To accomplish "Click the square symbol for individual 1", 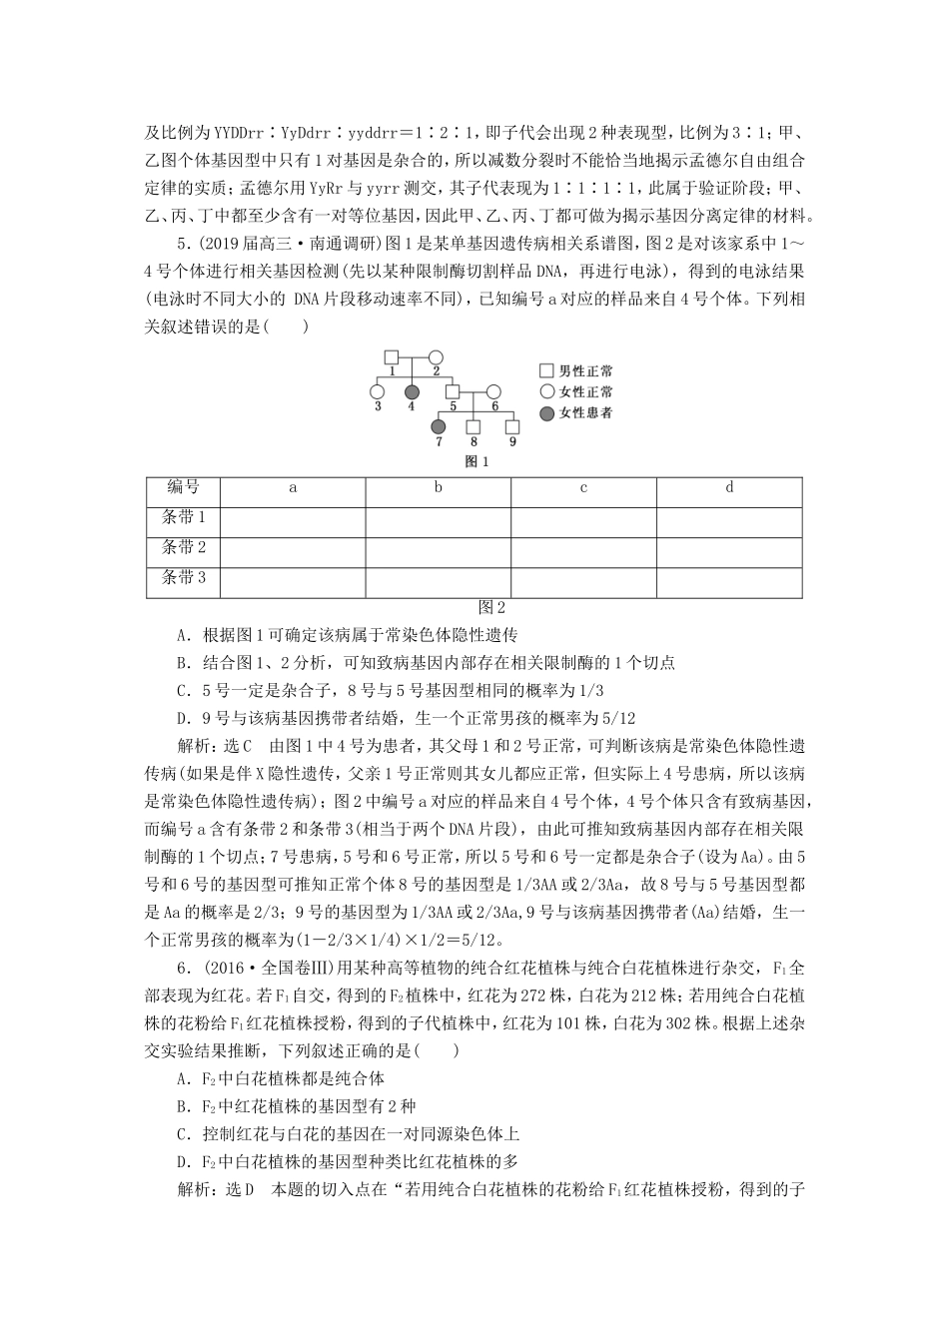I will coord(392,356).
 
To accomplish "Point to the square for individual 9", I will coord(512,426).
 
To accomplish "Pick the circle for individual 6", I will coord(493,391).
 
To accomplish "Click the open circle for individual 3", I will coord(377,391).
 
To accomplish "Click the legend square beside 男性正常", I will coord(546,370).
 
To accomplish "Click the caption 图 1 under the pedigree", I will coord(476,461).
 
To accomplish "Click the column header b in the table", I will coord(438,487).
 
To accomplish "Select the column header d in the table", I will coord(729,487).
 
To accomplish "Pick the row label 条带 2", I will coord(183,547).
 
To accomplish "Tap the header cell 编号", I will coord(183,487).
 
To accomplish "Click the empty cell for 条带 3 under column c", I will coord(583,582).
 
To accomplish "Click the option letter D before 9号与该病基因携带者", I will coord(182,718).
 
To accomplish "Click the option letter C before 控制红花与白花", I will coord(182,1134).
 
